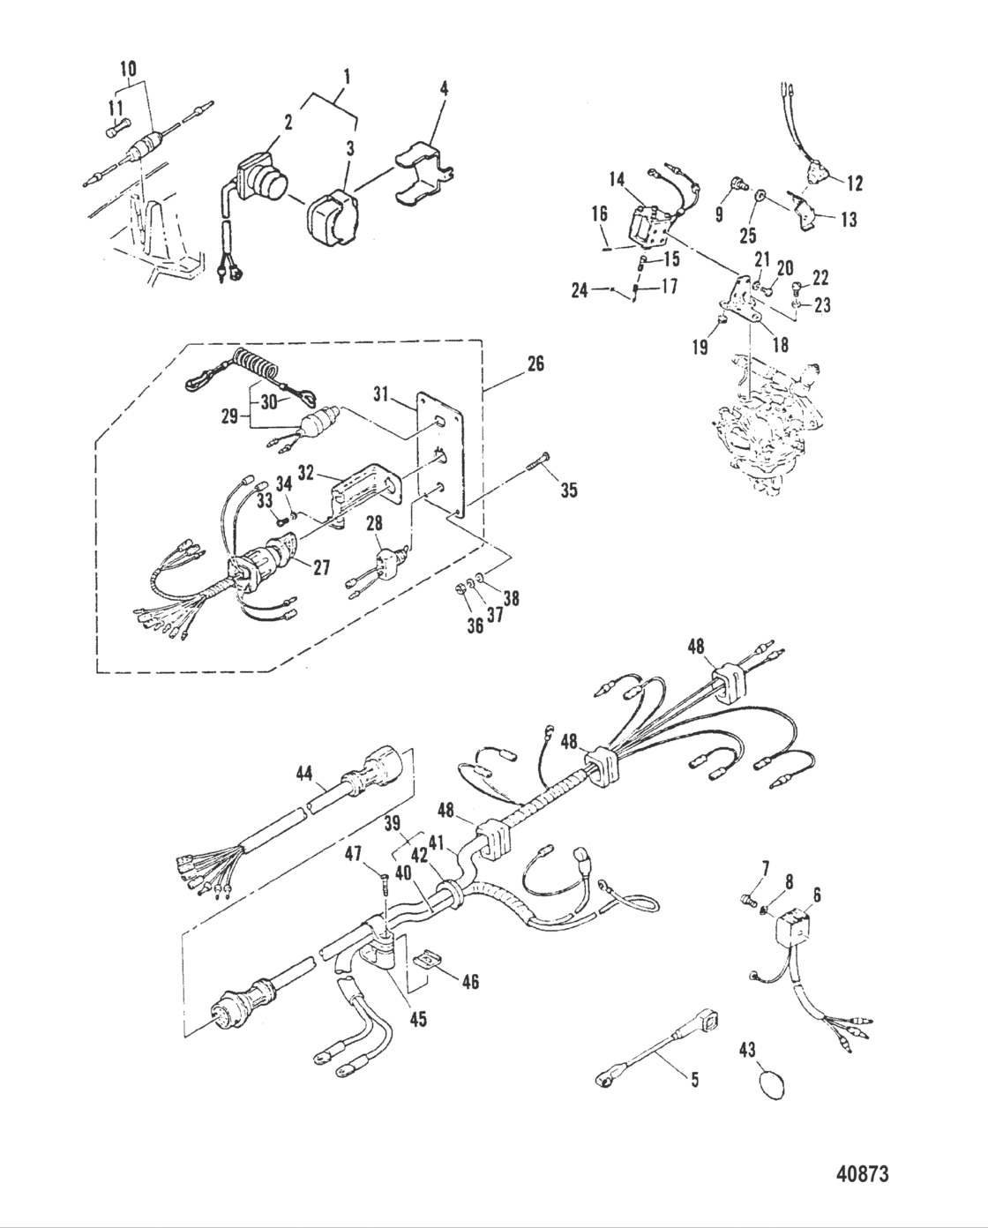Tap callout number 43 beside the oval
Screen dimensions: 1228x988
pyautogui.click(x=750, y=1050)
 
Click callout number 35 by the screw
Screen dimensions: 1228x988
pyautogui.click(x=568, y=489)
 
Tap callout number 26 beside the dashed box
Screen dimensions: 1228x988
pyautogui.click(x=535, y=363)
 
